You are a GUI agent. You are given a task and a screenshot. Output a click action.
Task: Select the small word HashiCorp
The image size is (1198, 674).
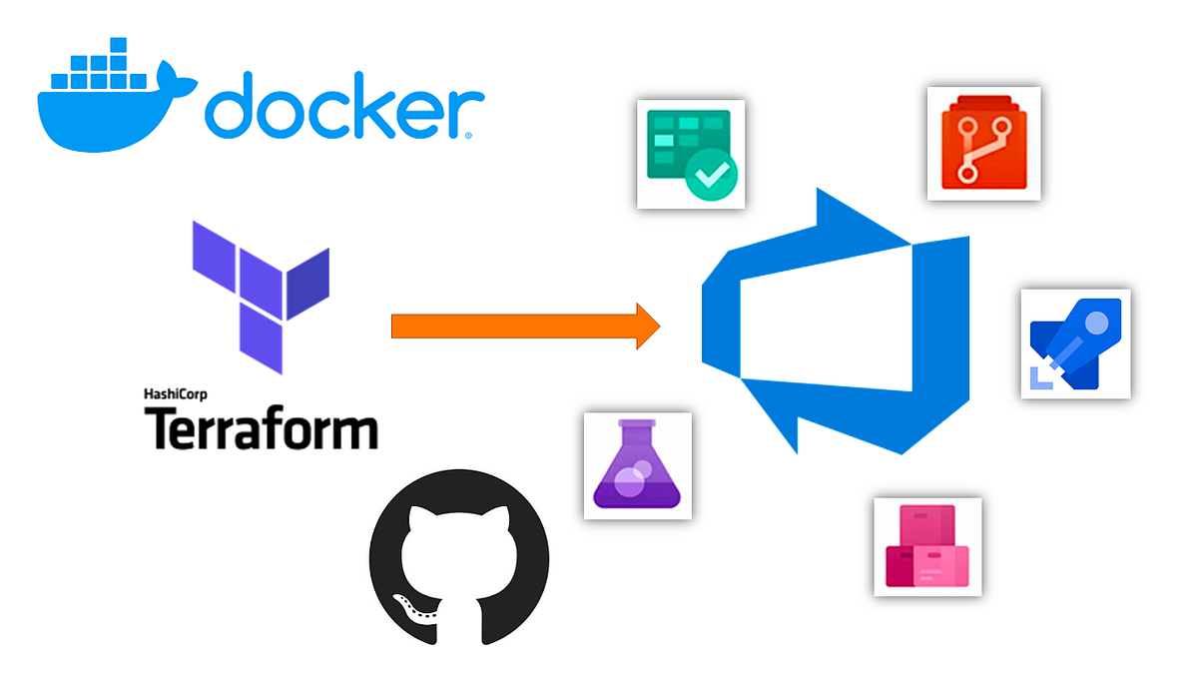(178, 395)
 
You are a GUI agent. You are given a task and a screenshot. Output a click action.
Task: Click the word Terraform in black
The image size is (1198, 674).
(262, 428)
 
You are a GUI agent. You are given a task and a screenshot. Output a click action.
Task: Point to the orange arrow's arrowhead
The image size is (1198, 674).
(647, 326)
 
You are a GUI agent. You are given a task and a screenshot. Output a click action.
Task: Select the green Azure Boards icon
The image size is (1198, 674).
(691, 154)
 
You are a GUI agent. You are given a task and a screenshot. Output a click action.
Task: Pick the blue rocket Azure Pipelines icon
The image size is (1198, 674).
(1075, 343)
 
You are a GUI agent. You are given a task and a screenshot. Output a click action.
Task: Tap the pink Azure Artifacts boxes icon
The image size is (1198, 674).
(927, 546)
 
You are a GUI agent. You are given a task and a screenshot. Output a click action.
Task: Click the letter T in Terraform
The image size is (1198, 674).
(162, 426)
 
